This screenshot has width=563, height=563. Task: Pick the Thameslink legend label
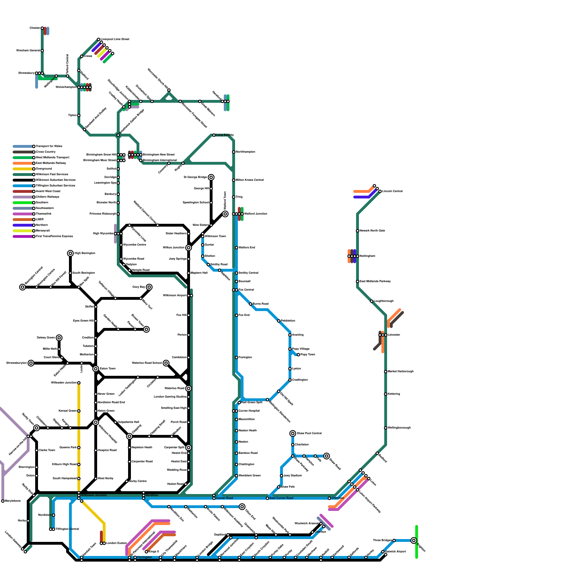point(44,214)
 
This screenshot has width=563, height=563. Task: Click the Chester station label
point(34,28)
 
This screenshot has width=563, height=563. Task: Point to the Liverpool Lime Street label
point(115,39)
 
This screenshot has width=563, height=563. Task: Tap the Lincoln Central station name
point(392,191)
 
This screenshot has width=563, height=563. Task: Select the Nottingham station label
point(367,256)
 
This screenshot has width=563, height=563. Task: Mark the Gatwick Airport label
point(396,552)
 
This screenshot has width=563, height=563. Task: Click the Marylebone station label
point(13,501)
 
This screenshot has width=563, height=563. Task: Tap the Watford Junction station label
point(255,214)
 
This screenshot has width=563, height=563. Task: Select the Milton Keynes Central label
point(249,180)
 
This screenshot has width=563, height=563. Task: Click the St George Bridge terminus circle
point(211,177)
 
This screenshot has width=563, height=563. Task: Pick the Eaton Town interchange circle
point(96,369)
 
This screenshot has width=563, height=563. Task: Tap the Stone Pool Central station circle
point(293,434)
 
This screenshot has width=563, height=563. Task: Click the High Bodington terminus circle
point(70,253)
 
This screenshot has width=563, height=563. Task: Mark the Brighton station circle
point(414,540)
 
